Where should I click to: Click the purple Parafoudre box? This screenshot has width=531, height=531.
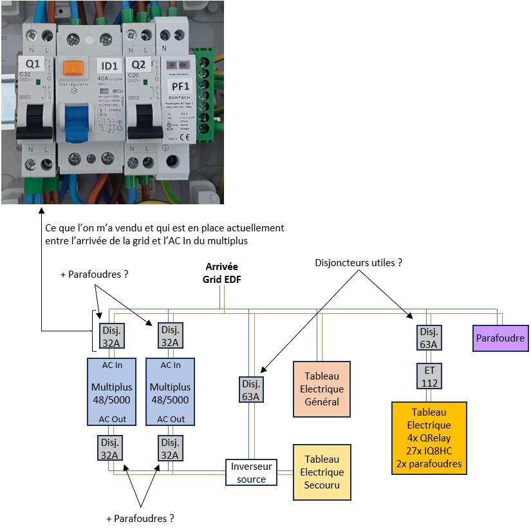tap(501, 338)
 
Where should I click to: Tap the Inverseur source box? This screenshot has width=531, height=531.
tap(251, 472)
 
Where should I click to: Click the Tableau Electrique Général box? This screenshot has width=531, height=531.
tap(321, 389)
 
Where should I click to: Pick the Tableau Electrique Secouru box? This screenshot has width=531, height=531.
tap(321, 472)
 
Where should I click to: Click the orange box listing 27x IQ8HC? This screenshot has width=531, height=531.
tap(429, 438)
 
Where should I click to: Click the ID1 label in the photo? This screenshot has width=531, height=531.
tap(110, 66)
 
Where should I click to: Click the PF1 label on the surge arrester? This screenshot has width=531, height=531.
tap(180, 86)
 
